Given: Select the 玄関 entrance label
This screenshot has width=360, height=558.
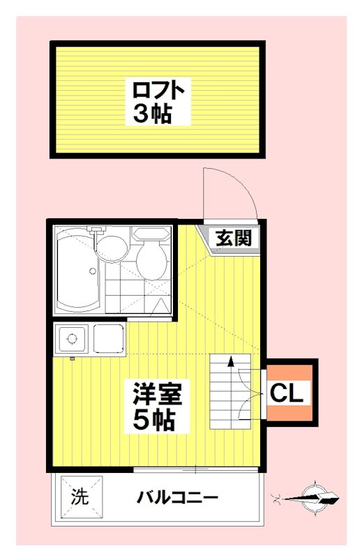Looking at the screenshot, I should (232, 238).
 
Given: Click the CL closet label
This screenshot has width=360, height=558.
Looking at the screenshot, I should (287, 393).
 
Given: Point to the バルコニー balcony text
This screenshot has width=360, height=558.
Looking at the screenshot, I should (177, 498).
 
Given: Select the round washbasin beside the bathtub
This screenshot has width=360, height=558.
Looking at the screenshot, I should (110, 248).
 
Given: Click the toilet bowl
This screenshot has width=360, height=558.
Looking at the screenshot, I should (151, 261).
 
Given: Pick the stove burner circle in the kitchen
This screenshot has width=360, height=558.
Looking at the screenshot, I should (70, 340).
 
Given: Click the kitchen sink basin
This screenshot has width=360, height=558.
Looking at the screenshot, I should (107, 340).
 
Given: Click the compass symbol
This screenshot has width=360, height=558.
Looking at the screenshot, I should (316, 497).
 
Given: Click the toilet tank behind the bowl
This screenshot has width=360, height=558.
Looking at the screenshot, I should (151, 234).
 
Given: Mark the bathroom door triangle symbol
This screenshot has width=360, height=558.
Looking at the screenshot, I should (161, 305).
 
